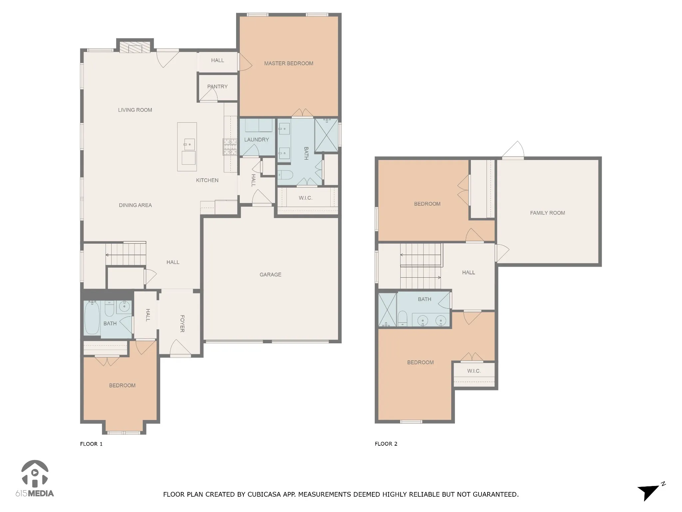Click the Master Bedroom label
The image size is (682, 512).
point(288,63)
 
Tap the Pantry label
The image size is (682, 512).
point(217,87)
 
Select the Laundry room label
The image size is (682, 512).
point(256,140)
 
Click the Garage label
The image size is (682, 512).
point(270,275)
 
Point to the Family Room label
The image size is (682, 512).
point(547,213)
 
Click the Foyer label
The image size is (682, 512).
point(182,323)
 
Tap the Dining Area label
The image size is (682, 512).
point(135,205)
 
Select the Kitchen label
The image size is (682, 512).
point(207,180)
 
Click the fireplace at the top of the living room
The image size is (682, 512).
point(135,47)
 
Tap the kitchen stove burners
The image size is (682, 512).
point(229,147)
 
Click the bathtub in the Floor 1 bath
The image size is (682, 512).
point(92,317)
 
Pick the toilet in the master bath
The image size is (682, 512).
point(285,174)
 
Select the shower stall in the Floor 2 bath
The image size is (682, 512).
point(388,310)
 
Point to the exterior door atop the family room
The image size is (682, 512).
point(513,150)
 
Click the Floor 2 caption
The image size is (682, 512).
point(386,444)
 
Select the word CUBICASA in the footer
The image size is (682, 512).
point(263,494)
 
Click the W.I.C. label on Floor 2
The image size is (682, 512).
point(474,371)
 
